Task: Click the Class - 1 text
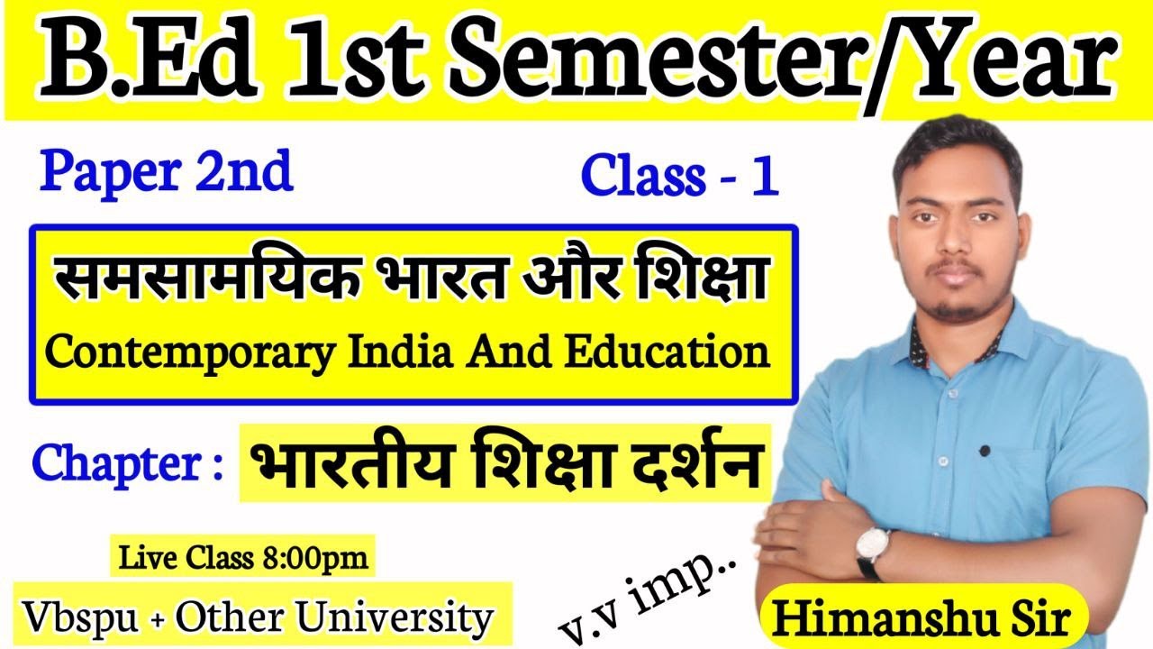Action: [x=679, y=175]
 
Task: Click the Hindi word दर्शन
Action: [x=689, y=464]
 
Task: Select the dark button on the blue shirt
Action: [x=985, y=450]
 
